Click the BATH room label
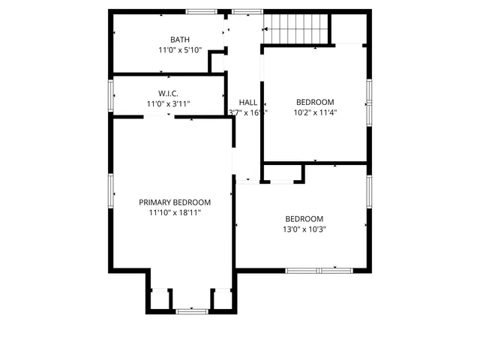tap(180, 40)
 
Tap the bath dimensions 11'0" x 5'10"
tap(179, 50)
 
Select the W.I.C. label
tap(167, 93)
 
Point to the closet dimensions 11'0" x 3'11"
tap(167, 103)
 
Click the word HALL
tap(247, 102)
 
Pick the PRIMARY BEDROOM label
tap(175, 202)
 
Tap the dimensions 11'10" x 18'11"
tap(175, 212)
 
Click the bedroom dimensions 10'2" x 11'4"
tap(315, 112)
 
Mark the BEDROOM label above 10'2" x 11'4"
tap(315, 102)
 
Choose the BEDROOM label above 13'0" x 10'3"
tap(304, 218)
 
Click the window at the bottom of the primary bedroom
tap(191, 310)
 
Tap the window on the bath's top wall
tap(202, 11)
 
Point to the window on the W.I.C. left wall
tap(112, 96)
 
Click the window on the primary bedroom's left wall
tap(112, 193)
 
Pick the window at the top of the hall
tap(243, 11)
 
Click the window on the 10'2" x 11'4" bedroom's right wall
tap(369, 101)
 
